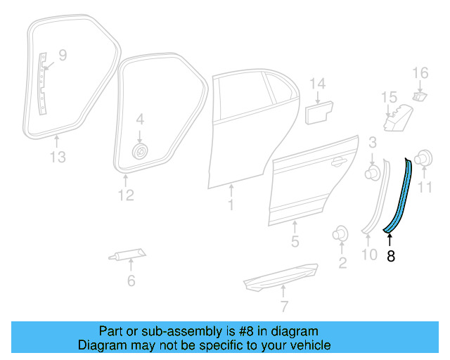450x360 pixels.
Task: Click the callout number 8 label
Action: [391, 257]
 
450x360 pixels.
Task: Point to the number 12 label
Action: [125, 195]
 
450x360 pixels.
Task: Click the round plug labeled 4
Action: [140, 151]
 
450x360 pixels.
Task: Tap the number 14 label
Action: [318, 84]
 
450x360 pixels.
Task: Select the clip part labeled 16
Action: [420, 95]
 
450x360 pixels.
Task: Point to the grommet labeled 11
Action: [424, 160]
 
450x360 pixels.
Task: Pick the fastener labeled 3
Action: [373, 172]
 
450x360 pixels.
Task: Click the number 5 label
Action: [295, 243]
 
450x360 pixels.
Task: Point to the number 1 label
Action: [230, 205]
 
